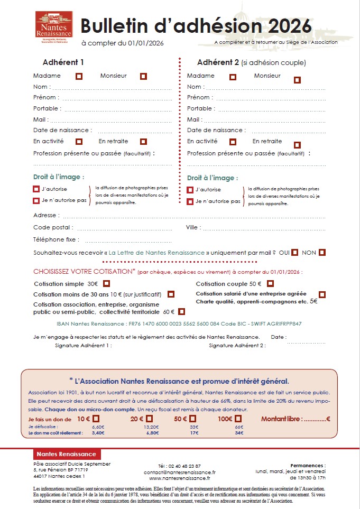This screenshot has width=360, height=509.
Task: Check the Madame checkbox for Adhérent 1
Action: (79, 76)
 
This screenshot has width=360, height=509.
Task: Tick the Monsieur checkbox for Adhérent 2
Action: (297, 80)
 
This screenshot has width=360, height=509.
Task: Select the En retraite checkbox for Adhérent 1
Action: (143, 142)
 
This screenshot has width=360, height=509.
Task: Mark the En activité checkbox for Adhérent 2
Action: (233, 142)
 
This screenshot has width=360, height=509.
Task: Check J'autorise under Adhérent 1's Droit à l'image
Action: (36, 189)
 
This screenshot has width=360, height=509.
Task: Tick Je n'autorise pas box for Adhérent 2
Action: (190, 201)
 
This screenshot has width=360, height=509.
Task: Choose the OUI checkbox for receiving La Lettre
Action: (295, 252)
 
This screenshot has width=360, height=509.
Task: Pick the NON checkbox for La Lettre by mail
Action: (322, 252)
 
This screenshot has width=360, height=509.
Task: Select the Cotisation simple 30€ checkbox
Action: (106, 284)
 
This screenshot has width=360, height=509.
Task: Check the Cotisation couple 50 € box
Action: (270, 284)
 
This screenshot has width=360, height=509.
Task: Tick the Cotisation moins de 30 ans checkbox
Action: (171, 294)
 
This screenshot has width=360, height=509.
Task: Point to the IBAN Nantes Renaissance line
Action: (179, 323)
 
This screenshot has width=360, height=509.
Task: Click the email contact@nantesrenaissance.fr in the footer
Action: (179, 471)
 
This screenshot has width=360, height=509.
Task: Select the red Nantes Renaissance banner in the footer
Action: (66, 454)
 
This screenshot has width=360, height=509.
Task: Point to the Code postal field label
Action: (53, 227)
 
